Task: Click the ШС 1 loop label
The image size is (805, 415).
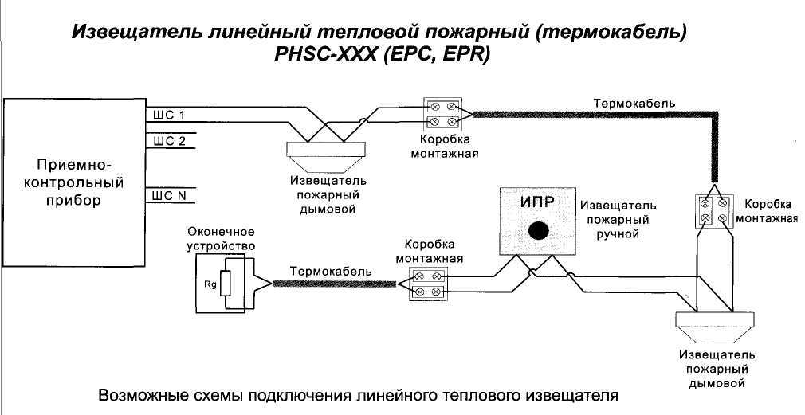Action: (169, 115)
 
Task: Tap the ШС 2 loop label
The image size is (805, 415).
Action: (169, 141)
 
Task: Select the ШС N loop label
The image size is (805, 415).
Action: (169, 195)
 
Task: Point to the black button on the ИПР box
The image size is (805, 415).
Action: (539, 230)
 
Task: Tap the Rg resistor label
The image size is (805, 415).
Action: (210, 284)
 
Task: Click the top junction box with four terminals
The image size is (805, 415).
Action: (444, 113)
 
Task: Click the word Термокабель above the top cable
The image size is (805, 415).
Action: (634, 104)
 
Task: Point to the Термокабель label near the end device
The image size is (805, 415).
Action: (331, 271)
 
